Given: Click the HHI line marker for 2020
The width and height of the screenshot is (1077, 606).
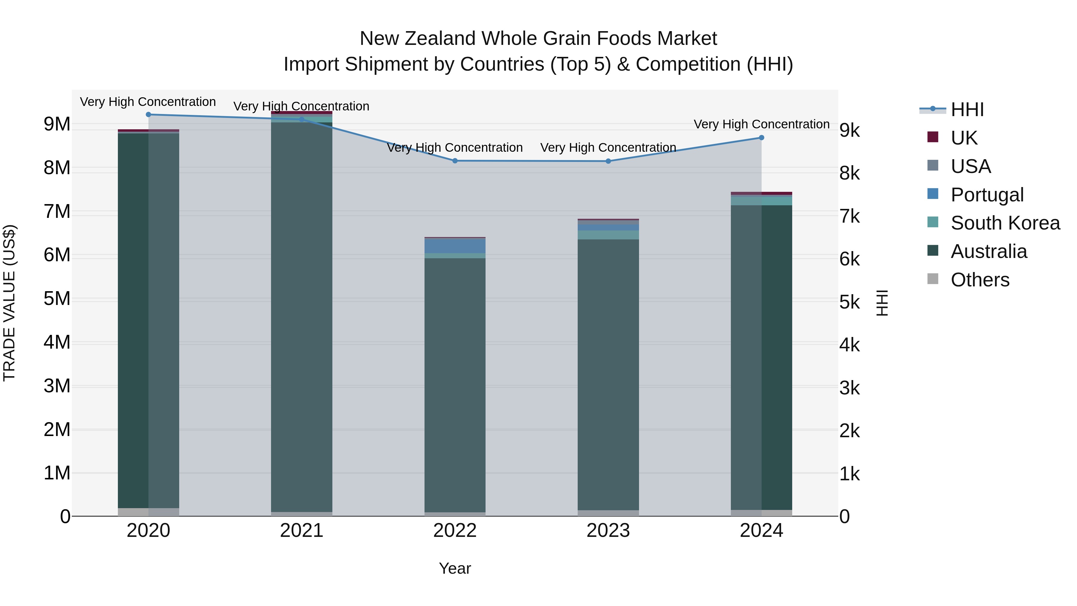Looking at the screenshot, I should [x=148, y=115].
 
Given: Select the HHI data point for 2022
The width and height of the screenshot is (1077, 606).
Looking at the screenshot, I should [x=455, y=161].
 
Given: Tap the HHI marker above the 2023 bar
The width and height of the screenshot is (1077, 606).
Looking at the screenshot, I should [x=608, y=161].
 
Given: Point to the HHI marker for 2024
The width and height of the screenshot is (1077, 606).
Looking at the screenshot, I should [x=761, y=138].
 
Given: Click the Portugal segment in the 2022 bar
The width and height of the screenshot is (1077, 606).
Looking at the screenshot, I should [x=455, y=246].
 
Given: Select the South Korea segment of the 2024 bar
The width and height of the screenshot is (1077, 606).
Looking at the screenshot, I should [x=761, y=201].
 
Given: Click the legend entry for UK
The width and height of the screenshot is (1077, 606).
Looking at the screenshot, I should [x=964, y=138].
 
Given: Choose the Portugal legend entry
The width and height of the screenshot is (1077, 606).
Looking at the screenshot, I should [x=987, y=195].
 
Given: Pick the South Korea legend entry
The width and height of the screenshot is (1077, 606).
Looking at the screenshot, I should [x=1005, y=223].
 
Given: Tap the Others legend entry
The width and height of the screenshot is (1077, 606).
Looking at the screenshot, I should [x=979, y=280].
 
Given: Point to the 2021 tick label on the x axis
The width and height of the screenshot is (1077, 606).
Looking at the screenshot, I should [x=302, y=531].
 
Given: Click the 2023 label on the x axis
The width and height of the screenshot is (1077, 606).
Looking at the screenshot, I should [x=608, y=531].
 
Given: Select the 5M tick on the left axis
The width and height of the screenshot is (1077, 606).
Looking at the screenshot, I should [x=57, y=299].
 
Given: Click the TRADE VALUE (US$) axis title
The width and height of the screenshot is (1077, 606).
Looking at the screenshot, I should [x=9, y=303].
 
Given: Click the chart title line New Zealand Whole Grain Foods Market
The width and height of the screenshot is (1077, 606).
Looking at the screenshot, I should [x=538, y=39].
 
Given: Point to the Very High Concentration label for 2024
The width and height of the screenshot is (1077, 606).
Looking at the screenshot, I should [x=761, y=124].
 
